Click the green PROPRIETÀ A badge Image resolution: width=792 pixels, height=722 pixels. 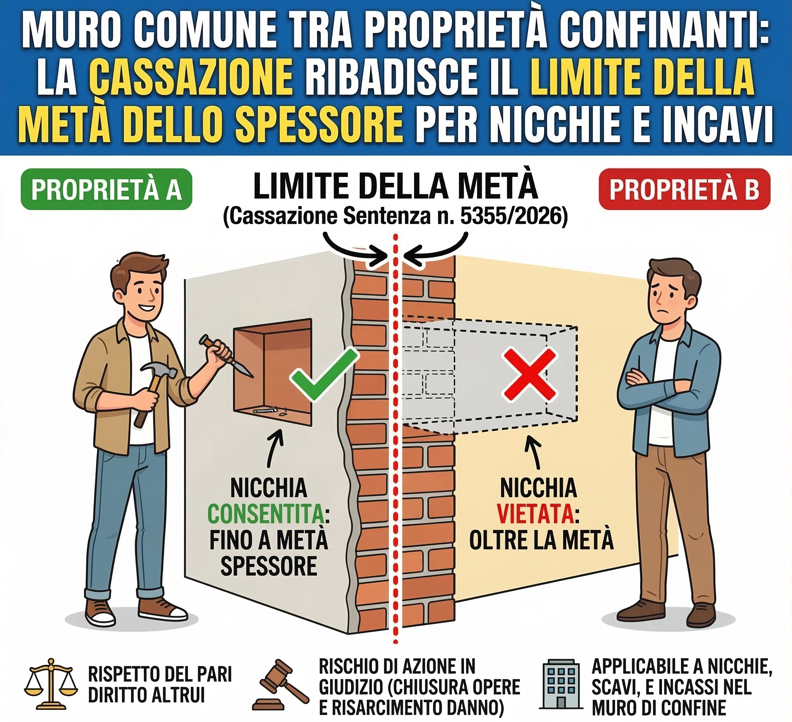106,189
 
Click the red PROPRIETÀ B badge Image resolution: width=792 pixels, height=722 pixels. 684,189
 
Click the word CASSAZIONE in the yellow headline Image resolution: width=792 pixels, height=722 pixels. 191,77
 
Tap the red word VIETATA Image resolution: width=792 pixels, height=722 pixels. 535,514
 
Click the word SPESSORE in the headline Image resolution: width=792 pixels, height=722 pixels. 319,125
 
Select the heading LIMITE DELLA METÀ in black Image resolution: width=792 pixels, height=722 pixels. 395,187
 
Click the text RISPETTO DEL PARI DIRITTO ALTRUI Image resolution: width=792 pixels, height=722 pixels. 160,684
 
